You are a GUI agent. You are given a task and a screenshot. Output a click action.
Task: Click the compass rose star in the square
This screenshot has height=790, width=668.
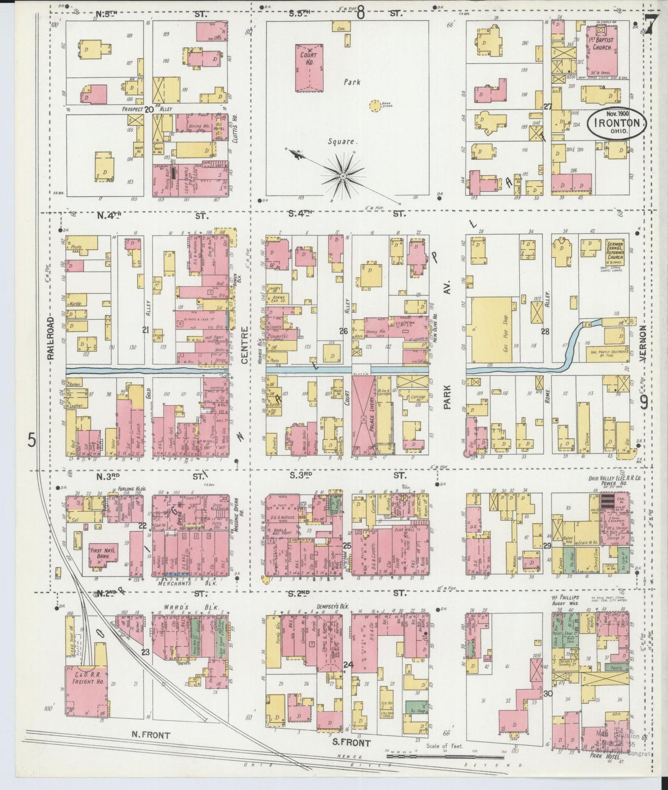coord(343,176)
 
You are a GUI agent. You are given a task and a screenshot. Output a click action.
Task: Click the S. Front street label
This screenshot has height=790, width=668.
coord(351,743)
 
